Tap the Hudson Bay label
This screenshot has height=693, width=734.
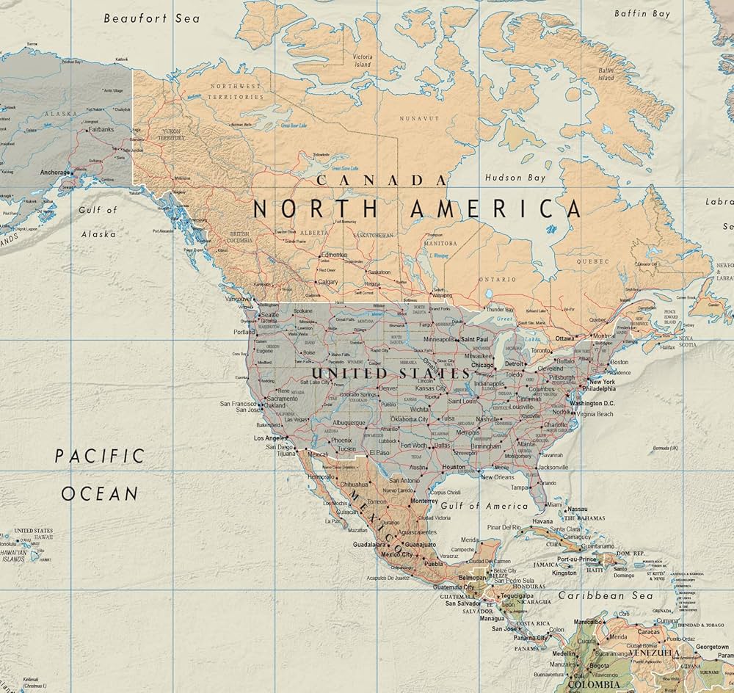515,178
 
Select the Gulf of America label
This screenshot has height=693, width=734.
484,506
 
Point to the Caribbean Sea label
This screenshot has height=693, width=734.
606,595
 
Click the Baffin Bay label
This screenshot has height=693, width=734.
642,13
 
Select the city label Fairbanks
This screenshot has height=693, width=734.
101,130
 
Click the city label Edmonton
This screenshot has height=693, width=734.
334,254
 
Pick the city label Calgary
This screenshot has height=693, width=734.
327,281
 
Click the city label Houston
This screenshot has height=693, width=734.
454,467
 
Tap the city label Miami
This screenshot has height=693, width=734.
554,505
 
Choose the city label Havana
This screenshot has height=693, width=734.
542,521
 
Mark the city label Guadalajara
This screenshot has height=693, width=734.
369,545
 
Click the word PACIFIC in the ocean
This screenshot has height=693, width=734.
100,456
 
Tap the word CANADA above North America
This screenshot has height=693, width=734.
379,180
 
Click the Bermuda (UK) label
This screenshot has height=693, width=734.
665,448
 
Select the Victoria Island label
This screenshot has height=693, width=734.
363,60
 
